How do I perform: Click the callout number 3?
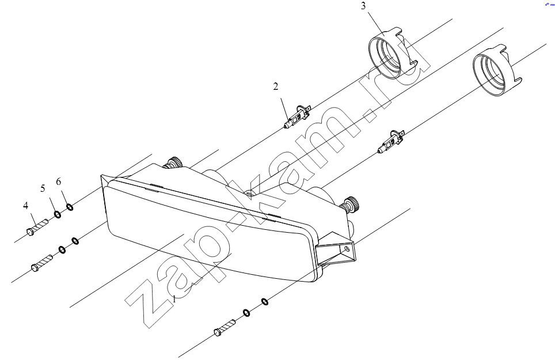click(363, 6)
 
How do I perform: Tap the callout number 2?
click(275, 86)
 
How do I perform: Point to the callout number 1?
click(174, 299)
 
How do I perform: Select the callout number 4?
click(25, 206)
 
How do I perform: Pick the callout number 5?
click(43, 188)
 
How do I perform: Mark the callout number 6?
click(58, 181)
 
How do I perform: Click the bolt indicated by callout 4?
click(37, 228)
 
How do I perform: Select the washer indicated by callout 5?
click(57, 214)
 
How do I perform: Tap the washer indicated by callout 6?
click(70, 206)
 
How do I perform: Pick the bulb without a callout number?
click(391, 141)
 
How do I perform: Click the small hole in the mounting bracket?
click(347, 248)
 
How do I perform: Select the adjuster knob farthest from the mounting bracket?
click(173, 162)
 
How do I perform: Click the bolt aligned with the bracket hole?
click(225, 327)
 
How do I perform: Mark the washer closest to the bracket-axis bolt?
click(246, 313)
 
